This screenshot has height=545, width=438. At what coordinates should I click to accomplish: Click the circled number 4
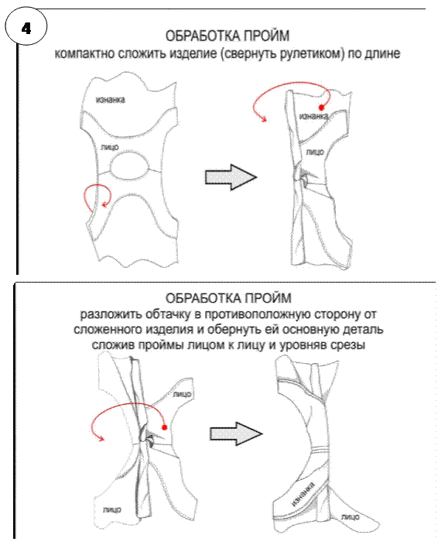tap(26, 28)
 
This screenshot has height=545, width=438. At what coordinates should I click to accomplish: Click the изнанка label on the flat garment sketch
tap(111, 100)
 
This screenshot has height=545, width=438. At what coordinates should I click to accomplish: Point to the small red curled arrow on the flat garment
tap(97, 197)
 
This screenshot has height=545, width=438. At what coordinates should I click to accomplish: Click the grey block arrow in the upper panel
tap(231, 177)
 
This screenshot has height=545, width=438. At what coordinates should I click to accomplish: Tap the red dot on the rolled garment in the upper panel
tap(322, 108)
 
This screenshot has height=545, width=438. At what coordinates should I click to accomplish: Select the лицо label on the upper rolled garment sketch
tap(315, 152)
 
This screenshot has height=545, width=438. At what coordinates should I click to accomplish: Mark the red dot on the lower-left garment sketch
tap(165, 427)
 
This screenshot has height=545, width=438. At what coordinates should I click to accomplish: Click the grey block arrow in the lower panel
tap(236, 434)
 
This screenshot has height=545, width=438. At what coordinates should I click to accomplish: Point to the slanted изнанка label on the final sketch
tap(303, 494)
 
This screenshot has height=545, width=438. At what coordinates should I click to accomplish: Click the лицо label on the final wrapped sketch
tap(350, 517)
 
